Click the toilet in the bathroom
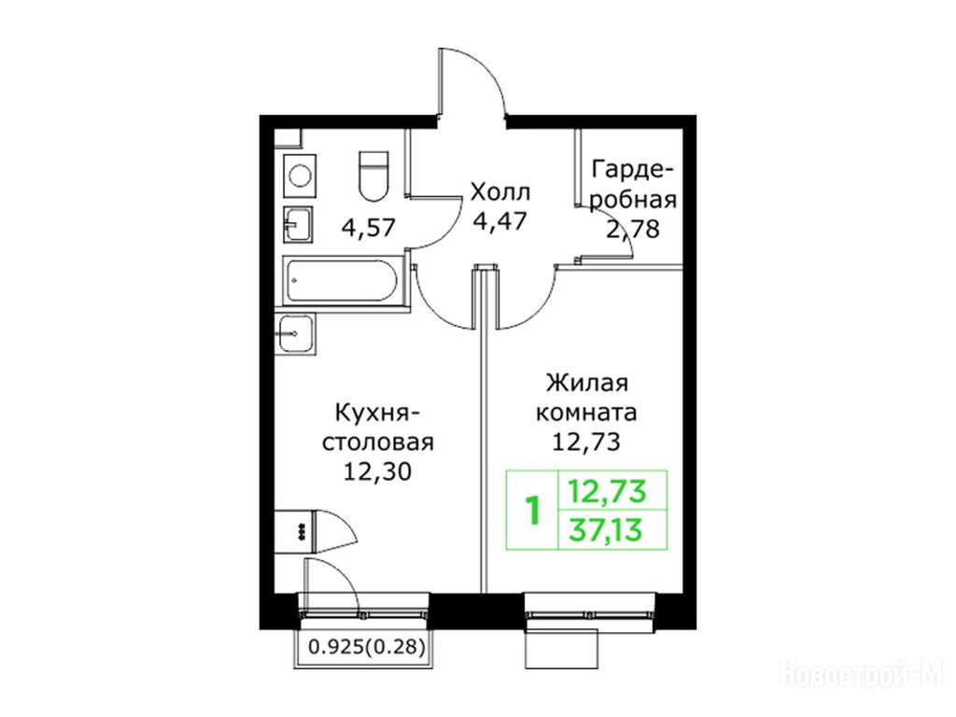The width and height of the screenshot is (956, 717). point(373,176)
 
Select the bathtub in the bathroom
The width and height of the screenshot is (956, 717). point(340,281)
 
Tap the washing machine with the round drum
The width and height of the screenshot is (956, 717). point(301,176)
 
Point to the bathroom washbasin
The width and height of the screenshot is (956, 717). point(298,225)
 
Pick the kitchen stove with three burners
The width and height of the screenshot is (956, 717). point(293,532)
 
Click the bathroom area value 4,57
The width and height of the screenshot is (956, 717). point(369,228)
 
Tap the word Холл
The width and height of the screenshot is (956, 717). point(500,192)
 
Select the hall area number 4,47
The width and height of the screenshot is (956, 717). point(500,220)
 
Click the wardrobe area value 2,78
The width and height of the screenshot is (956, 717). point(633,230)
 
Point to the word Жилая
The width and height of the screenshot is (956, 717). point(586,384)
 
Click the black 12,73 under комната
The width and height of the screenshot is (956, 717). point(586,442)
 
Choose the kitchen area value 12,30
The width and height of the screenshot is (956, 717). point(377,471)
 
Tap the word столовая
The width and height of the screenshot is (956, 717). point(377,442)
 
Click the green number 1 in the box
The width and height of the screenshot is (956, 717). point(533,511)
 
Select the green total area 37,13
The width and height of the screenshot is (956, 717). point(606,530)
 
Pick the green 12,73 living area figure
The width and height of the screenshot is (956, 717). point(606,491)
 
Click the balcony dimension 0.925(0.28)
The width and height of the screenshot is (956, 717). point(366,646)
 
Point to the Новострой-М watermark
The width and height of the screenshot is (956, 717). point(863,676)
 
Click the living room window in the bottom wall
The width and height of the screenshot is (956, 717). point(590,608)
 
